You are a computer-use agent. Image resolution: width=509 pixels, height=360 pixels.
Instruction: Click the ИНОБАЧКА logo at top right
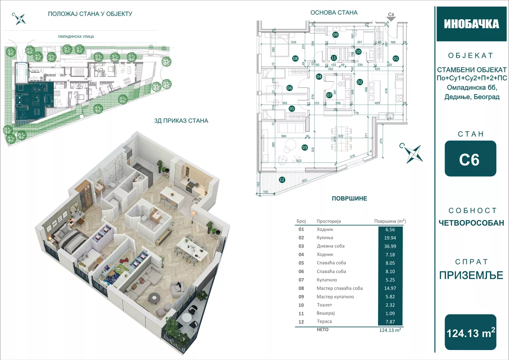tap(471, 24)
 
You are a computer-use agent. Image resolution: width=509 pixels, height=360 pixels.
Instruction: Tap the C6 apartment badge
tap(470, 159)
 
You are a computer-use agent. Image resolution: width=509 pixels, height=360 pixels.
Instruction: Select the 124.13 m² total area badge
tap(470, 332)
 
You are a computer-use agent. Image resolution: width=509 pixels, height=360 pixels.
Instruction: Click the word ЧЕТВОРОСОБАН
tap(471, 223)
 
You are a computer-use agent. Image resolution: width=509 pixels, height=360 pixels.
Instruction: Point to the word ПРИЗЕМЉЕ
tap(471, 275)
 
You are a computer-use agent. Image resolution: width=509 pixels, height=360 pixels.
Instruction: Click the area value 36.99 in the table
tap(390, 246)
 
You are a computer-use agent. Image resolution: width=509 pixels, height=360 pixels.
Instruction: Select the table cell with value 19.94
tap(390, 238)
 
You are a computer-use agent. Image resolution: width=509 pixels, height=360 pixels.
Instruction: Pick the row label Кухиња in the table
tap(325, 238)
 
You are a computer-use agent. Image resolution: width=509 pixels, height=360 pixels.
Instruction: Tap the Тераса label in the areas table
tap(324, 322)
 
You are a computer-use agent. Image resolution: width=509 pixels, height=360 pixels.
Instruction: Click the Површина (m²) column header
tap(390, 221)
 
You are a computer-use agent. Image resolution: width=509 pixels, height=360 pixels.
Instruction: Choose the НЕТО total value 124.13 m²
tap(390, 330)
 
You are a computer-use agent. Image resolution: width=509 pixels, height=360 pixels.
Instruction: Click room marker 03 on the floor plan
tap(304, 147)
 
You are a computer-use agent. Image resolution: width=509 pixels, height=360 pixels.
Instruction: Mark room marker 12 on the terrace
tap(282, 180)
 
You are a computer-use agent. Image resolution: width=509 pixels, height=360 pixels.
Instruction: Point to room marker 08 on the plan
tap(295, 59)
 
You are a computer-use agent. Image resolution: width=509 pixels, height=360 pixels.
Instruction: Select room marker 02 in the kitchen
tap(359, 82)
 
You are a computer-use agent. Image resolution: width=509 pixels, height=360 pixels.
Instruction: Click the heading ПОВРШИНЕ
tap(349, 199)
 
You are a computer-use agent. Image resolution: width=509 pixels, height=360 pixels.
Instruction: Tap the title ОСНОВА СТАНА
tap(334, 13)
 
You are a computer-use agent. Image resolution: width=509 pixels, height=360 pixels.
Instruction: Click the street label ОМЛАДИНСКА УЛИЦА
tap(76, 37)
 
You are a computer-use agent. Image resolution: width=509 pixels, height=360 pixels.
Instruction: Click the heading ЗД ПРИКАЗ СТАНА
tap(181, 121)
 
